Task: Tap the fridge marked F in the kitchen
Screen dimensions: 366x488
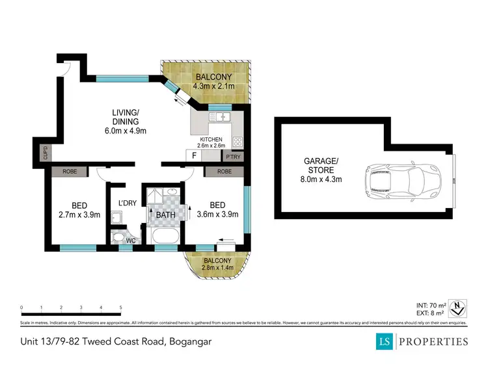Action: coord(193,155)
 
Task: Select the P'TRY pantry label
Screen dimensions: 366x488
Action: coord(232,156)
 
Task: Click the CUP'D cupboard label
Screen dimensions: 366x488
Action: coord(45,153)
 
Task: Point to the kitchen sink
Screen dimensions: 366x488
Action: coord(221,118)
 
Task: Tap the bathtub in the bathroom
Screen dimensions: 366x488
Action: coord(165,235)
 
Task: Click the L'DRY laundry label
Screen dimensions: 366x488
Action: coord(127,203)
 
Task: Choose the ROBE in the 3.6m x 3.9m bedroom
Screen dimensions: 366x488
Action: coord(224,172)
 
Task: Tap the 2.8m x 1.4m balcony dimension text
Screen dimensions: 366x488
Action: coord(217,267)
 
